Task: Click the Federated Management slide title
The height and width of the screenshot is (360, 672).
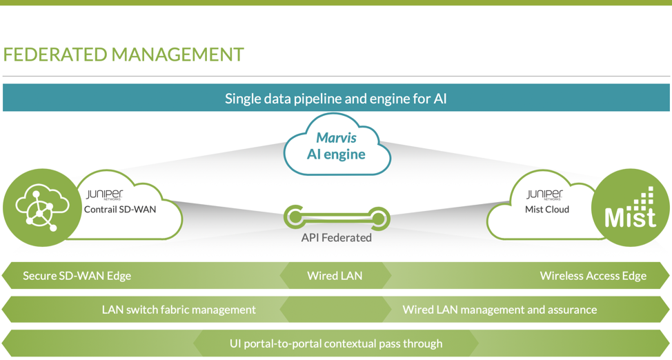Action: tap(123, 54)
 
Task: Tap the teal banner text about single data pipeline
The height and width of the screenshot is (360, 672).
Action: tap(336, 99)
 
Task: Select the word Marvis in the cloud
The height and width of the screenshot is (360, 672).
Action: tap(337, 137)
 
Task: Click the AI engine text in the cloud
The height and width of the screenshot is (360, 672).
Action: tap(336, 154)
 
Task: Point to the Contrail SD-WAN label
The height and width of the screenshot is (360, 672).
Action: tap(120, 210)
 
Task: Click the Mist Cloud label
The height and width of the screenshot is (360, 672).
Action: tap(547, 210)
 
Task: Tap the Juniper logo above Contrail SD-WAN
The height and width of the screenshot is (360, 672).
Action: tap(105, 195)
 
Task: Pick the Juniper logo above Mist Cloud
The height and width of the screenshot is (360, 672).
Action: tap(545, 195)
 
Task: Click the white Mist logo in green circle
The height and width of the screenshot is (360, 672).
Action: tap(630, 208)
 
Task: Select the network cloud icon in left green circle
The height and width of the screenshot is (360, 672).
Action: tap(42, 208)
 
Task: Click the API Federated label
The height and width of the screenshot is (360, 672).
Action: tap(337, 237)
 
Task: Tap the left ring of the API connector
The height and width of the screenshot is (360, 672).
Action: tap(295, 217)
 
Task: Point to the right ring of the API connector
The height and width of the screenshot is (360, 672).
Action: tap(379, 218)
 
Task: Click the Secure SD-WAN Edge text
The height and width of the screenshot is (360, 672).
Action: tap(77, 276)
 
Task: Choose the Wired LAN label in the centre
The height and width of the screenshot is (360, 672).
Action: tap(335, 276)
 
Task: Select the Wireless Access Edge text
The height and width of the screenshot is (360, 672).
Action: tap(593, 276)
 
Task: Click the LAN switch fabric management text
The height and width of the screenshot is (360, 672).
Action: tap(179, 310)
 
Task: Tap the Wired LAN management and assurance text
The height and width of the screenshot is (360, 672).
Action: tap(500, 310)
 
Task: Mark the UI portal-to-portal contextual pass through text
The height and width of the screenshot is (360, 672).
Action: tap(336, 343)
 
